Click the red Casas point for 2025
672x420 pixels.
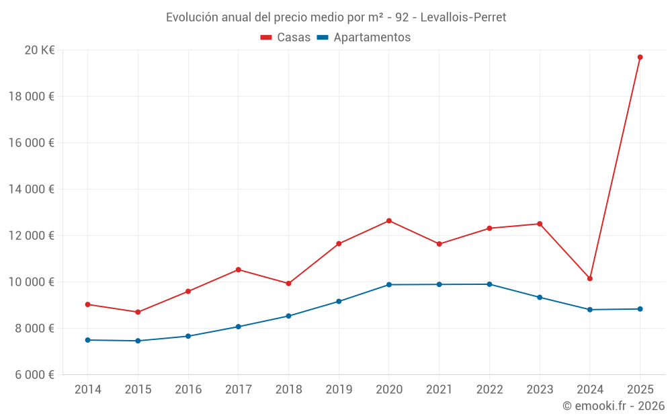tap(640, 57)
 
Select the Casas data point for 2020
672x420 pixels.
tap(389, 221)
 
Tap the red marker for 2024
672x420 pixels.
tap(590, 278)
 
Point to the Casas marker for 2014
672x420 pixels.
tap(88, 304)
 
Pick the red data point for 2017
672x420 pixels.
tap(239, 269)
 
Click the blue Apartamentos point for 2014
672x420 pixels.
tap(88, 340)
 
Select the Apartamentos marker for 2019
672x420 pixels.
tap(339, 301)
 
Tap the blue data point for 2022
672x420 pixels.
tap(489, 284)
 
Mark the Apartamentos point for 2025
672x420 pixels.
tap(640, 309)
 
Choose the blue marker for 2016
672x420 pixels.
tap(188, 336)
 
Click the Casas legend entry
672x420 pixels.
tap(286, 38)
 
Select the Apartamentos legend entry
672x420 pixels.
tap(364, 38)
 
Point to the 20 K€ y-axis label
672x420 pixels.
tap(39, 50)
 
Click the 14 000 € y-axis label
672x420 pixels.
tap(32, 189)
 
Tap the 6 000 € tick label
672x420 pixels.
tap(34, 374)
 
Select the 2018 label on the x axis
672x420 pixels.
tap(288, 390)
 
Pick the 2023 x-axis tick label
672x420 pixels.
tap(540, 390)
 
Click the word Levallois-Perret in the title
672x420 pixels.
tap(463, 17)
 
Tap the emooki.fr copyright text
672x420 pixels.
tap(614, 406)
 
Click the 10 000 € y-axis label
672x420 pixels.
tap(32, 282)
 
